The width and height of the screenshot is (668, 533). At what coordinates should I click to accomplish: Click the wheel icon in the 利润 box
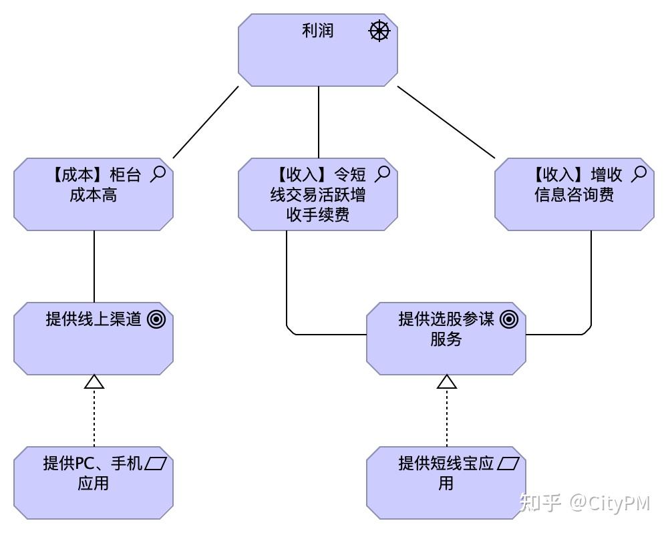(379, 31)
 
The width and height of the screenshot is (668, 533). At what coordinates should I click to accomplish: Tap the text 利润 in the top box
(318, 31)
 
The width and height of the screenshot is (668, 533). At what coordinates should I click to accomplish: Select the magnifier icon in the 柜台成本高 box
(158, 174)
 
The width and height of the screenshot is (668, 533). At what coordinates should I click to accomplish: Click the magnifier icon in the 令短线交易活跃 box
(382, 174)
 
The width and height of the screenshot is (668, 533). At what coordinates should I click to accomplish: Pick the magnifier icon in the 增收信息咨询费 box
(639, 174)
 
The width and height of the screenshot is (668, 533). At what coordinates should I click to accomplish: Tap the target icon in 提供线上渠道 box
(156, 320)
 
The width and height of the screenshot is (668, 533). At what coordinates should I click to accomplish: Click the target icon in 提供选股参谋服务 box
(509, 320)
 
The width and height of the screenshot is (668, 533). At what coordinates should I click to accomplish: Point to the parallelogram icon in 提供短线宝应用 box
(509, 463)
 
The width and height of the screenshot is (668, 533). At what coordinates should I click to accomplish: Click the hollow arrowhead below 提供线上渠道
(94, 381)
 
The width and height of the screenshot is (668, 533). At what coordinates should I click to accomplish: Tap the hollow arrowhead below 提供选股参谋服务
(446, 381)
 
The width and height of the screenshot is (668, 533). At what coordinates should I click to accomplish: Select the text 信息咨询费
(574, 195)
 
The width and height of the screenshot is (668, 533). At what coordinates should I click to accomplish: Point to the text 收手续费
(318, 215)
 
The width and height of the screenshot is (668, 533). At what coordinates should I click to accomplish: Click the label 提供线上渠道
(94, 319)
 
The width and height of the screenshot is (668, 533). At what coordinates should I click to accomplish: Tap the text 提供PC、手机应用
(93, 473)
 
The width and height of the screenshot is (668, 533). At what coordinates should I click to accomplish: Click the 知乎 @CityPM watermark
(584, 502)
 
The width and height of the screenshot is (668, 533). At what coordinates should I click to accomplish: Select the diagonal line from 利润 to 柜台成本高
(205, 122)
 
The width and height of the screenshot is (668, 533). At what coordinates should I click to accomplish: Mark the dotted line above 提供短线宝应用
(446, 417)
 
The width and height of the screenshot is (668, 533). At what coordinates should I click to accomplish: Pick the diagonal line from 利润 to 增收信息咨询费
(446, 122)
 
